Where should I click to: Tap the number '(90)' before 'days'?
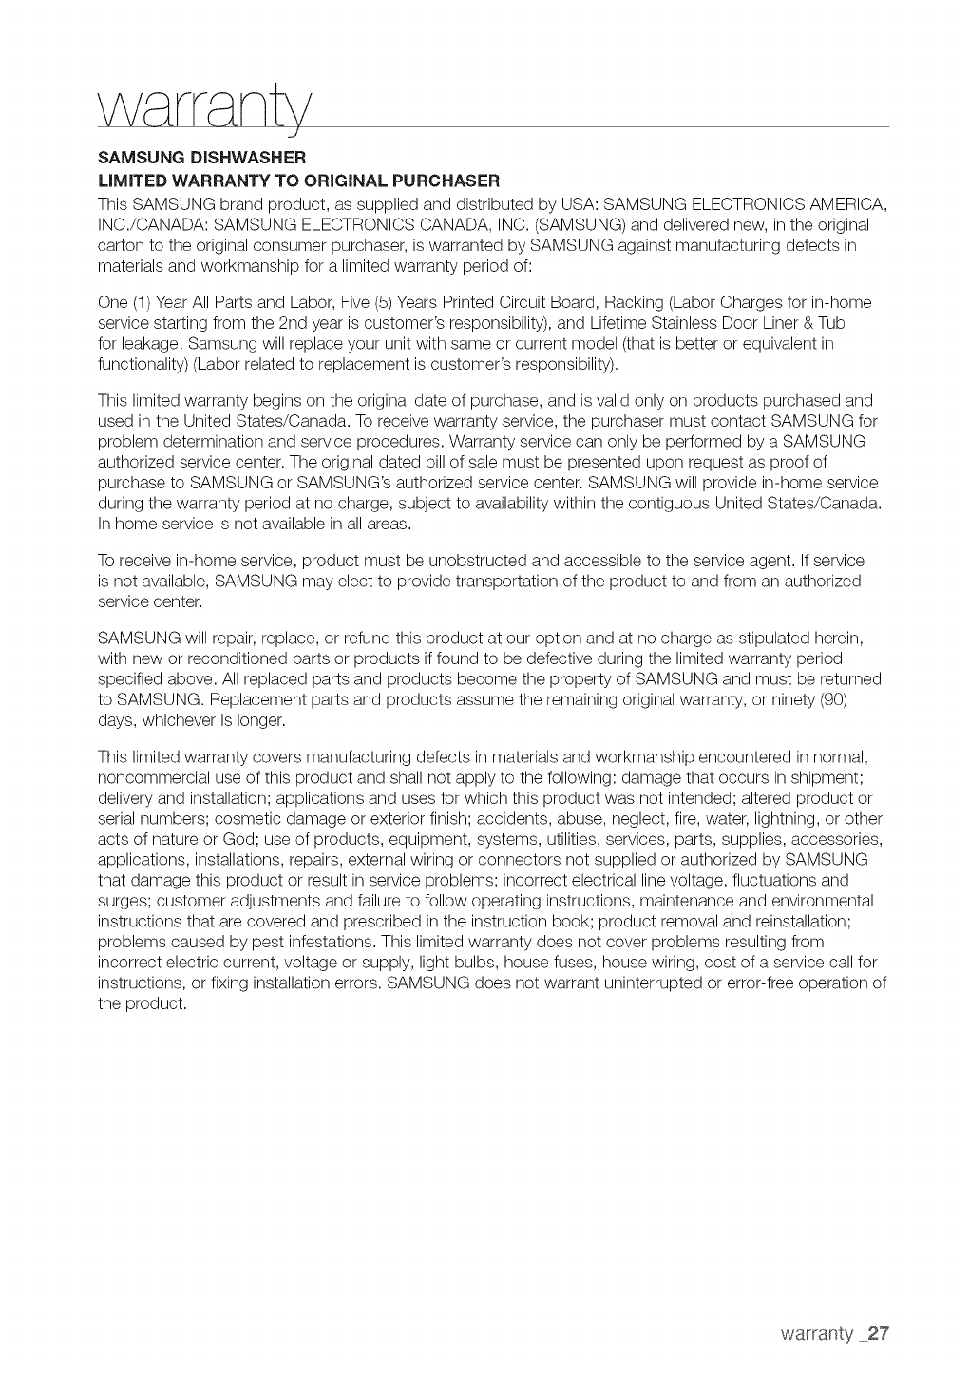(854, 699)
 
